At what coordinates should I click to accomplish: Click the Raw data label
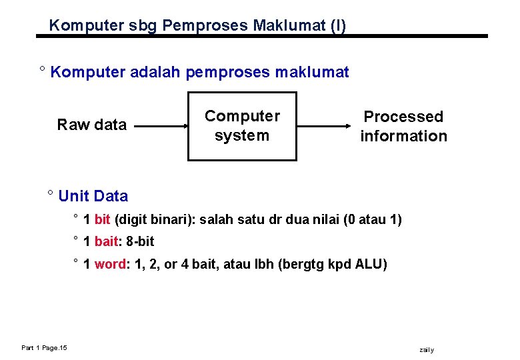(92, 125)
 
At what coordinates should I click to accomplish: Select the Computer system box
(242, 126)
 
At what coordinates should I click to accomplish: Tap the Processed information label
(403, 126)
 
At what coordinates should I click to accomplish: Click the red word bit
(103, 219)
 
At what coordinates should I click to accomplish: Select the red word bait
(106, 241)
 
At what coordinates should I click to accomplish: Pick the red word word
(110, 264)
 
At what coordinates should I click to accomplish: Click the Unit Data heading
(93, 196)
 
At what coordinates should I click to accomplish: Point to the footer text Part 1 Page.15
(43, 347)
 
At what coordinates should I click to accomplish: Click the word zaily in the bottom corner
(427, 350)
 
